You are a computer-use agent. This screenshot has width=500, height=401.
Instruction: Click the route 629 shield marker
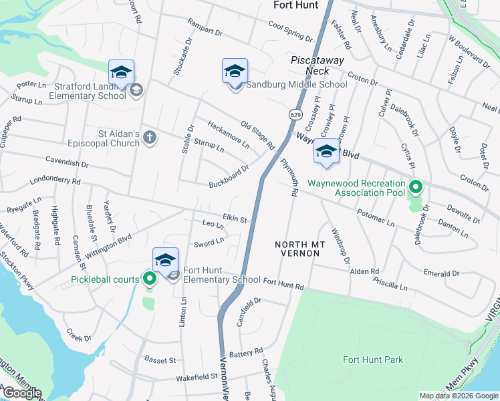point(295,115)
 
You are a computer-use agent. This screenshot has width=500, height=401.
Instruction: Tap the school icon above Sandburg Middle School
point(235,71)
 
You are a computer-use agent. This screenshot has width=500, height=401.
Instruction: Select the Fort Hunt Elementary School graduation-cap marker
point(165,260)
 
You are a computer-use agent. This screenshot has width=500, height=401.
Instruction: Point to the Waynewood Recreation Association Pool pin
point(416,188)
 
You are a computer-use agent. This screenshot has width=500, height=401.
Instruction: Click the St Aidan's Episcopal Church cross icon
point(150,138)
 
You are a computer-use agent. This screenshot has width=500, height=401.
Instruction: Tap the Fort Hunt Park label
point(373,360)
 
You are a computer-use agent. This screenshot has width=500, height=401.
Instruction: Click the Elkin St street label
point(235,219)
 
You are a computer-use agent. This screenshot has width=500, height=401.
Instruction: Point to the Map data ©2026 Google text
point(459,396)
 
